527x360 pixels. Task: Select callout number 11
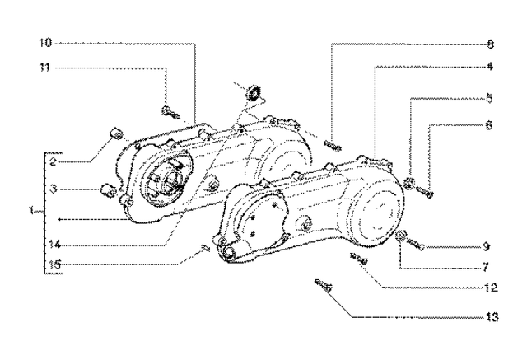[46, 69]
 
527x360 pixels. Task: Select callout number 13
[492, 316]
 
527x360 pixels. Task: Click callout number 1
[31, 212]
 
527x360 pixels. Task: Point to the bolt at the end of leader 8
[332, 146]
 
